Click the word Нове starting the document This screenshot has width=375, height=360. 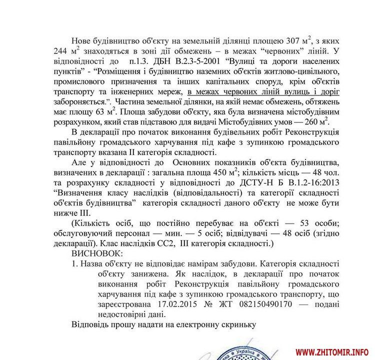pyautogui.click(x=83, y=40)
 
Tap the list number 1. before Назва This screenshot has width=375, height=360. pyautogui.click(x=76, y=264)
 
